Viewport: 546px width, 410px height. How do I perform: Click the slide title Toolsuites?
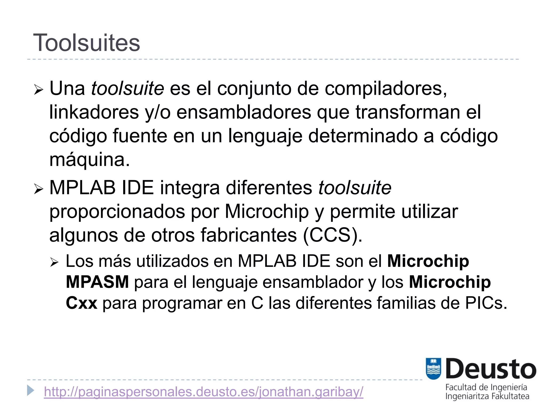tap(86, 43)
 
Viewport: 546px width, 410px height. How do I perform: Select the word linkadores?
tap(94, 112)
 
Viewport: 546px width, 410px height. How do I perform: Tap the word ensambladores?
tap(244, 112)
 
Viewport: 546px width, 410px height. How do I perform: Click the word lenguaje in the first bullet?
tap(265, 136)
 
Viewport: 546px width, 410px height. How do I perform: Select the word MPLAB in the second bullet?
tap(82, 188)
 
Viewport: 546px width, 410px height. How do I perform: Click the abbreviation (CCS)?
tap(333, 235)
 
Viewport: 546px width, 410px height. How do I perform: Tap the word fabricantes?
tap(248, 235)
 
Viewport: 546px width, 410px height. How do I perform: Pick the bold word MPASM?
tap(97, 282)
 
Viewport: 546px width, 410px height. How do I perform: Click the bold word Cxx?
tap(82, 303)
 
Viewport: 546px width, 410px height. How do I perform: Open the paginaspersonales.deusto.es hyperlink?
tap(203, 392)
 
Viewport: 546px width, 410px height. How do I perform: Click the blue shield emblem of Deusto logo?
tap(433, 369)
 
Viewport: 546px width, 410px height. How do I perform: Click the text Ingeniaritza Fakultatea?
tap(487, 396)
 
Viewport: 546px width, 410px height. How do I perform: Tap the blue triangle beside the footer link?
tap(31, 390)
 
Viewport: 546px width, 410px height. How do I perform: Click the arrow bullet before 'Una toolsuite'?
tap(38, 90)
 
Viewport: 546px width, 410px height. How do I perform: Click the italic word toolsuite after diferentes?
tap(355, 188)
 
